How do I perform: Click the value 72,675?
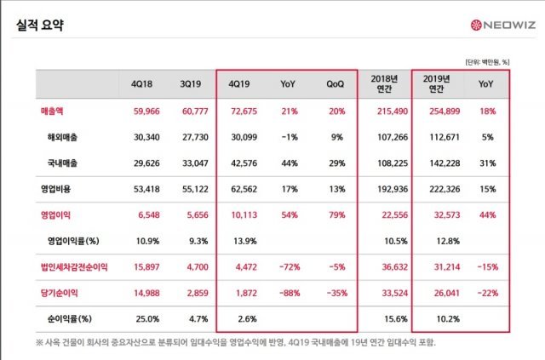click(x=241, y=111)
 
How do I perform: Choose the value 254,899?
click(x=439, y=111)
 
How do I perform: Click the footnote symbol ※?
click(x=40, y=343)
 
